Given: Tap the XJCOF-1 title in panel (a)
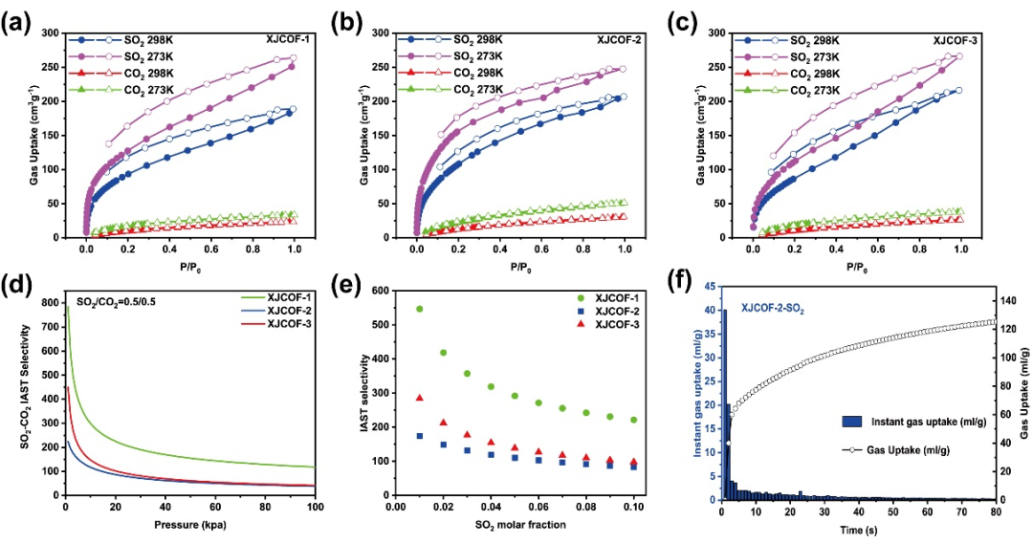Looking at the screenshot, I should (x=286, y=40).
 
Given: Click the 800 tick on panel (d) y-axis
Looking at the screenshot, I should (x=50, y=302).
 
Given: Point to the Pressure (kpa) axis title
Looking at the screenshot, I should (x=188, y=525).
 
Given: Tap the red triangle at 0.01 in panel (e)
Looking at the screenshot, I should (x=419, y=398).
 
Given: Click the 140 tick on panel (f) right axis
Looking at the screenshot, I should (x=1012, y=300).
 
